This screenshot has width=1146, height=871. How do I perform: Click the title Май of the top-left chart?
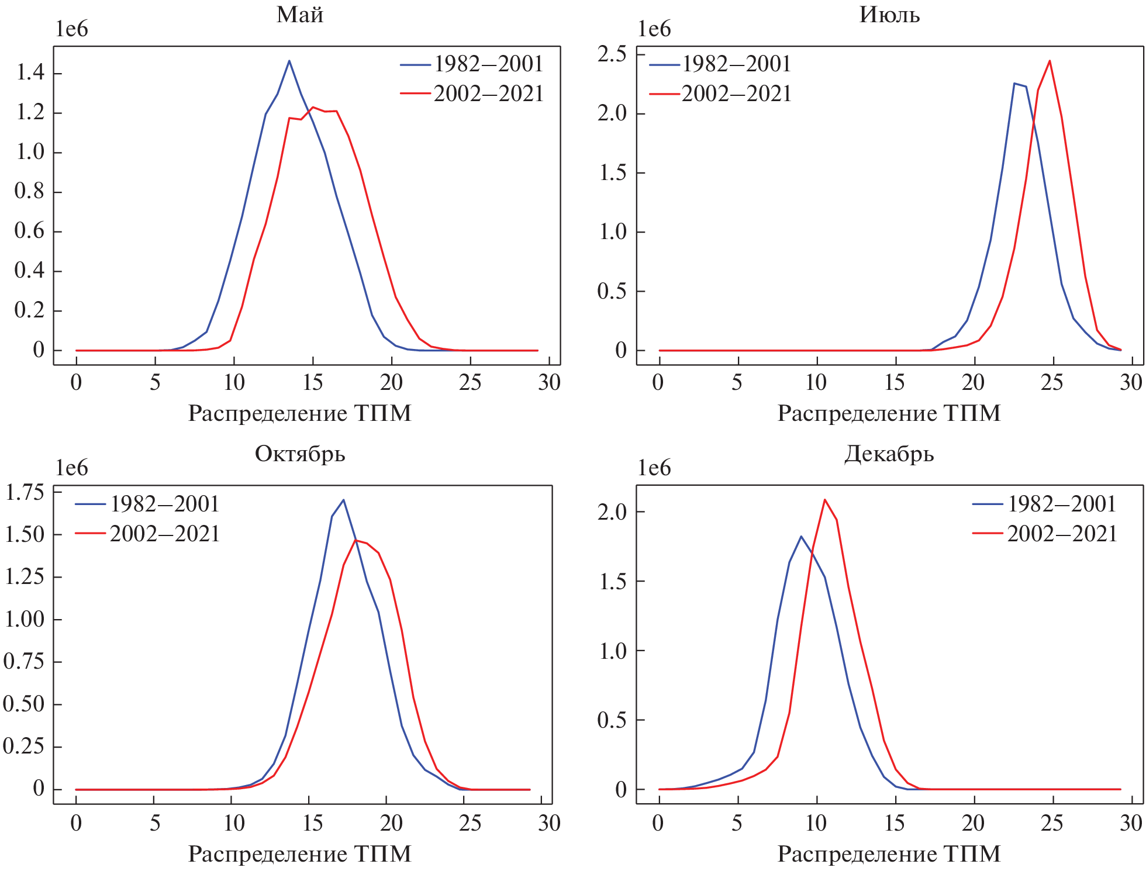(x=300, y=15)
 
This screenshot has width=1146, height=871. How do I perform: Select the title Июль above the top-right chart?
(x=889, y=15)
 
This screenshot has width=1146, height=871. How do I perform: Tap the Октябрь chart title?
(x=300, y=454)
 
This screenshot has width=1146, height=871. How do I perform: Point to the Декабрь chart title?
(x=889, y=454)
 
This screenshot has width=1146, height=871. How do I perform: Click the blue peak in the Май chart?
(x=289, y=61)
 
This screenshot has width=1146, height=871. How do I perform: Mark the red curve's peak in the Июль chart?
(x=1050, y=61)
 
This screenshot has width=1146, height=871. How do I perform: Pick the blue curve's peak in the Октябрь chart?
(x=343, y=500)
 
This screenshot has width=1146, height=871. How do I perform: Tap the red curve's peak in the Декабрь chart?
(x=824, y=500)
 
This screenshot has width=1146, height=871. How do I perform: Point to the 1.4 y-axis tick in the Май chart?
(x=30, y=72)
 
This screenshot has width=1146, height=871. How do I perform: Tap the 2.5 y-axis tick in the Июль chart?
(x=612, y=54)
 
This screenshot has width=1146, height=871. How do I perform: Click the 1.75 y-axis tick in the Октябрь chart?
(x=24, y=493)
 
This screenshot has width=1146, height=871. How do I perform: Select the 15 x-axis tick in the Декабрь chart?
(x=895, y=824)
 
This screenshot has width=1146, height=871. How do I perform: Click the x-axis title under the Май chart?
(x=299, y=413)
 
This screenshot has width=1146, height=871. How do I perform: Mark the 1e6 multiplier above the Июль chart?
(x=654, y=29)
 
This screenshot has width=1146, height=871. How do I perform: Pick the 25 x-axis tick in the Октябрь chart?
(x=470, y=824)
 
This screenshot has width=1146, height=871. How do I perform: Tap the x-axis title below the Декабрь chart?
(x=889, y=854)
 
